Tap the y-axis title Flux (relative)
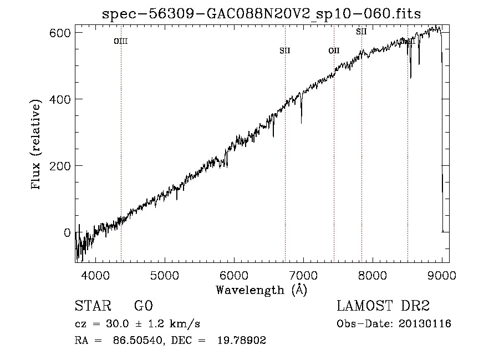(37, 145)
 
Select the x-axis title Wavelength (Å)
(261, 290)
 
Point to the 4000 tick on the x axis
(95, 275)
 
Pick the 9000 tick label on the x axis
(442, 275)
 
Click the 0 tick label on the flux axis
(67, 232)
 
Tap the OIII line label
(121, 41)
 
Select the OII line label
(334, 51)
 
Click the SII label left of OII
(285, 51)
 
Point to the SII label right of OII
(361, 32)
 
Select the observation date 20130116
(425, 324)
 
